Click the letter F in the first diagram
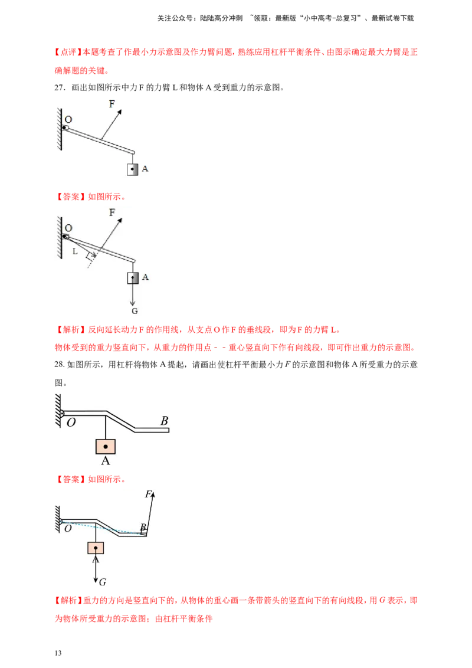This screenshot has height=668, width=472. pos(112,103)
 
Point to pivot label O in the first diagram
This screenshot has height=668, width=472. pos(68,119)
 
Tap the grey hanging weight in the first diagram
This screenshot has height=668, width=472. pos(133,169)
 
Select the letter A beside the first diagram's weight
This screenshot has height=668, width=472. pos(145,169)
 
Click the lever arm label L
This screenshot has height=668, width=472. pos(74,251)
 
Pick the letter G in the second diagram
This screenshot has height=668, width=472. pos(135,310)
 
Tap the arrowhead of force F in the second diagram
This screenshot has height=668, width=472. pos(121,219)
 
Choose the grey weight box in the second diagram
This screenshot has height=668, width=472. pos(133,277)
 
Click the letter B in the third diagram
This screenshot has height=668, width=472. pos(164,421)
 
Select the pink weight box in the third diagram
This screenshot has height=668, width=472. pos(105,447)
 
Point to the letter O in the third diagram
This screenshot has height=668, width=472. pos(71,423)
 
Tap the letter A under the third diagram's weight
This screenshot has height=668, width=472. pos(105,461)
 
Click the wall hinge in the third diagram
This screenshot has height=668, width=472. pos(61,412)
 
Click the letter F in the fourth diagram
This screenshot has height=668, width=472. pos(148,494)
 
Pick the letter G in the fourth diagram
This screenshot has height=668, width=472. pos(103,582)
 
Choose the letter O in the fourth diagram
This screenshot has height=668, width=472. pos(68,529)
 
